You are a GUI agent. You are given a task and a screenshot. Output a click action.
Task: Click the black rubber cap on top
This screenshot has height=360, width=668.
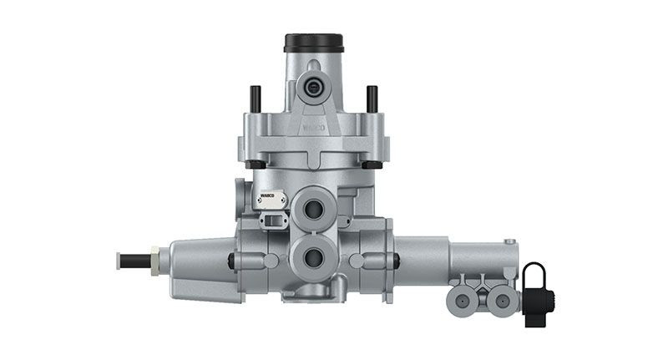coord(313,42)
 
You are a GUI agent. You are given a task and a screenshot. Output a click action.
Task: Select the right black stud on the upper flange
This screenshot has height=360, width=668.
coord(372,98)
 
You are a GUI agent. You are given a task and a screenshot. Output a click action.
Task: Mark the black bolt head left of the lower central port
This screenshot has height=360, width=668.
coord(231,261)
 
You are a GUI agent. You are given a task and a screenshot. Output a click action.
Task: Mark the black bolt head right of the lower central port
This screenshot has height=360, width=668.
coord(396,261)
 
